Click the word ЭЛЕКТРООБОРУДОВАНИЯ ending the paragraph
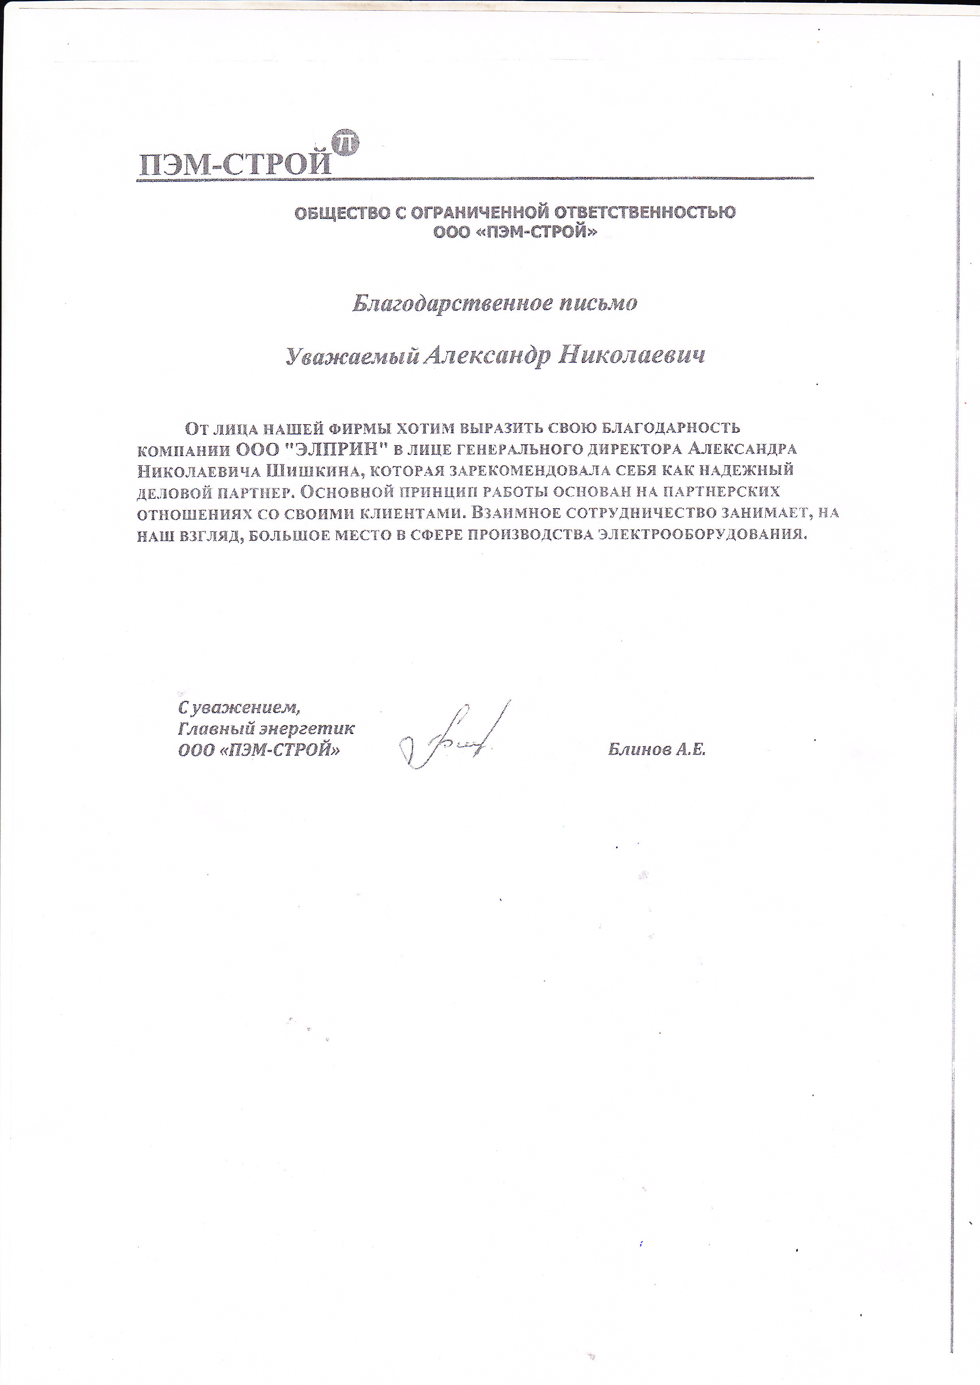702,534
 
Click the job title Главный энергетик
266,729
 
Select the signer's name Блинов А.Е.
656,750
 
